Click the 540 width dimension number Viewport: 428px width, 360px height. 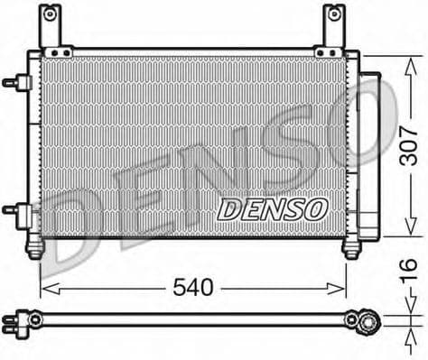194,288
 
